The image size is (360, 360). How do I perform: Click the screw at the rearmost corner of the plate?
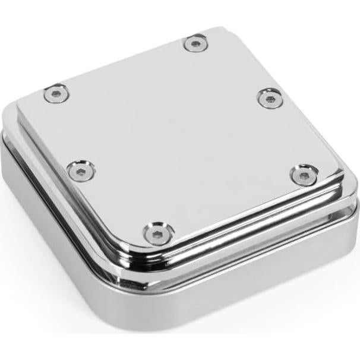tap(195, 43)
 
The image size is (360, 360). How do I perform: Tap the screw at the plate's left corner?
tap(56, 93)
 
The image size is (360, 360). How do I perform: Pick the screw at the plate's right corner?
tap(304, 175)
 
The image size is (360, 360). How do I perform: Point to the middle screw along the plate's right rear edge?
tap(270, 97)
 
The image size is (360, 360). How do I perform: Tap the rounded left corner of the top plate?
tap(23, 102)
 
